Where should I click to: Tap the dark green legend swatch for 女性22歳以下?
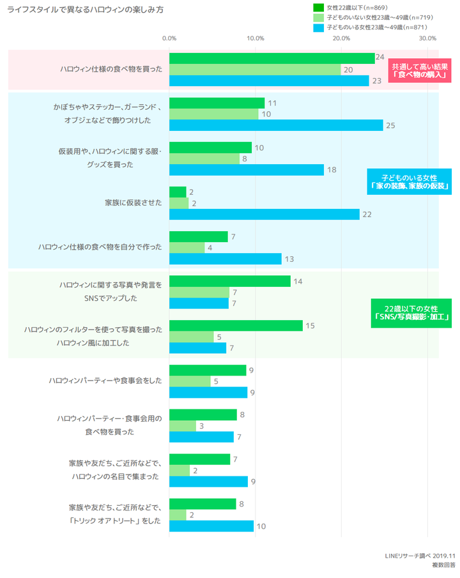(318, 7)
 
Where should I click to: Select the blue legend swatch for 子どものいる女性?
(318, 28)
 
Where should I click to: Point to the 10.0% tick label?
(256, 38)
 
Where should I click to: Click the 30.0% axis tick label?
(427, 38)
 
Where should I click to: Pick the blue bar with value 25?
(276, 125)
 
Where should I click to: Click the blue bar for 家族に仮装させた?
(264, 215)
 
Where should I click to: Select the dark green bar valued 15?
(236, 326)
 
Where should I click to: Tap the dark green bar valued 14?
(230, 281)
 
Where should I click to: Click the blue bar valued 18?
(247, 170)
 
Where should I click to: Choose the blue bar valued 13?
(226, 259)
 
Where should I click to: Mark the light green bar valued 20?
(255, 70)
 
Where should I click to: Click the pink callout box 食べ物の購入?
(420, 70)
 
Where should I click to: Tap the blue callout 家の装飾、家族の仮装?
(409, 182)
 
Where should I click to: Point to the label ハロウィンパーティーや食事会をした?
(105, 381)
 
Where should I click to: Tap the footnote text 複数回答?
(443, 565)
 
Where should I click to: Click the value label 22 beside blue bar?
(367, 215)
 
